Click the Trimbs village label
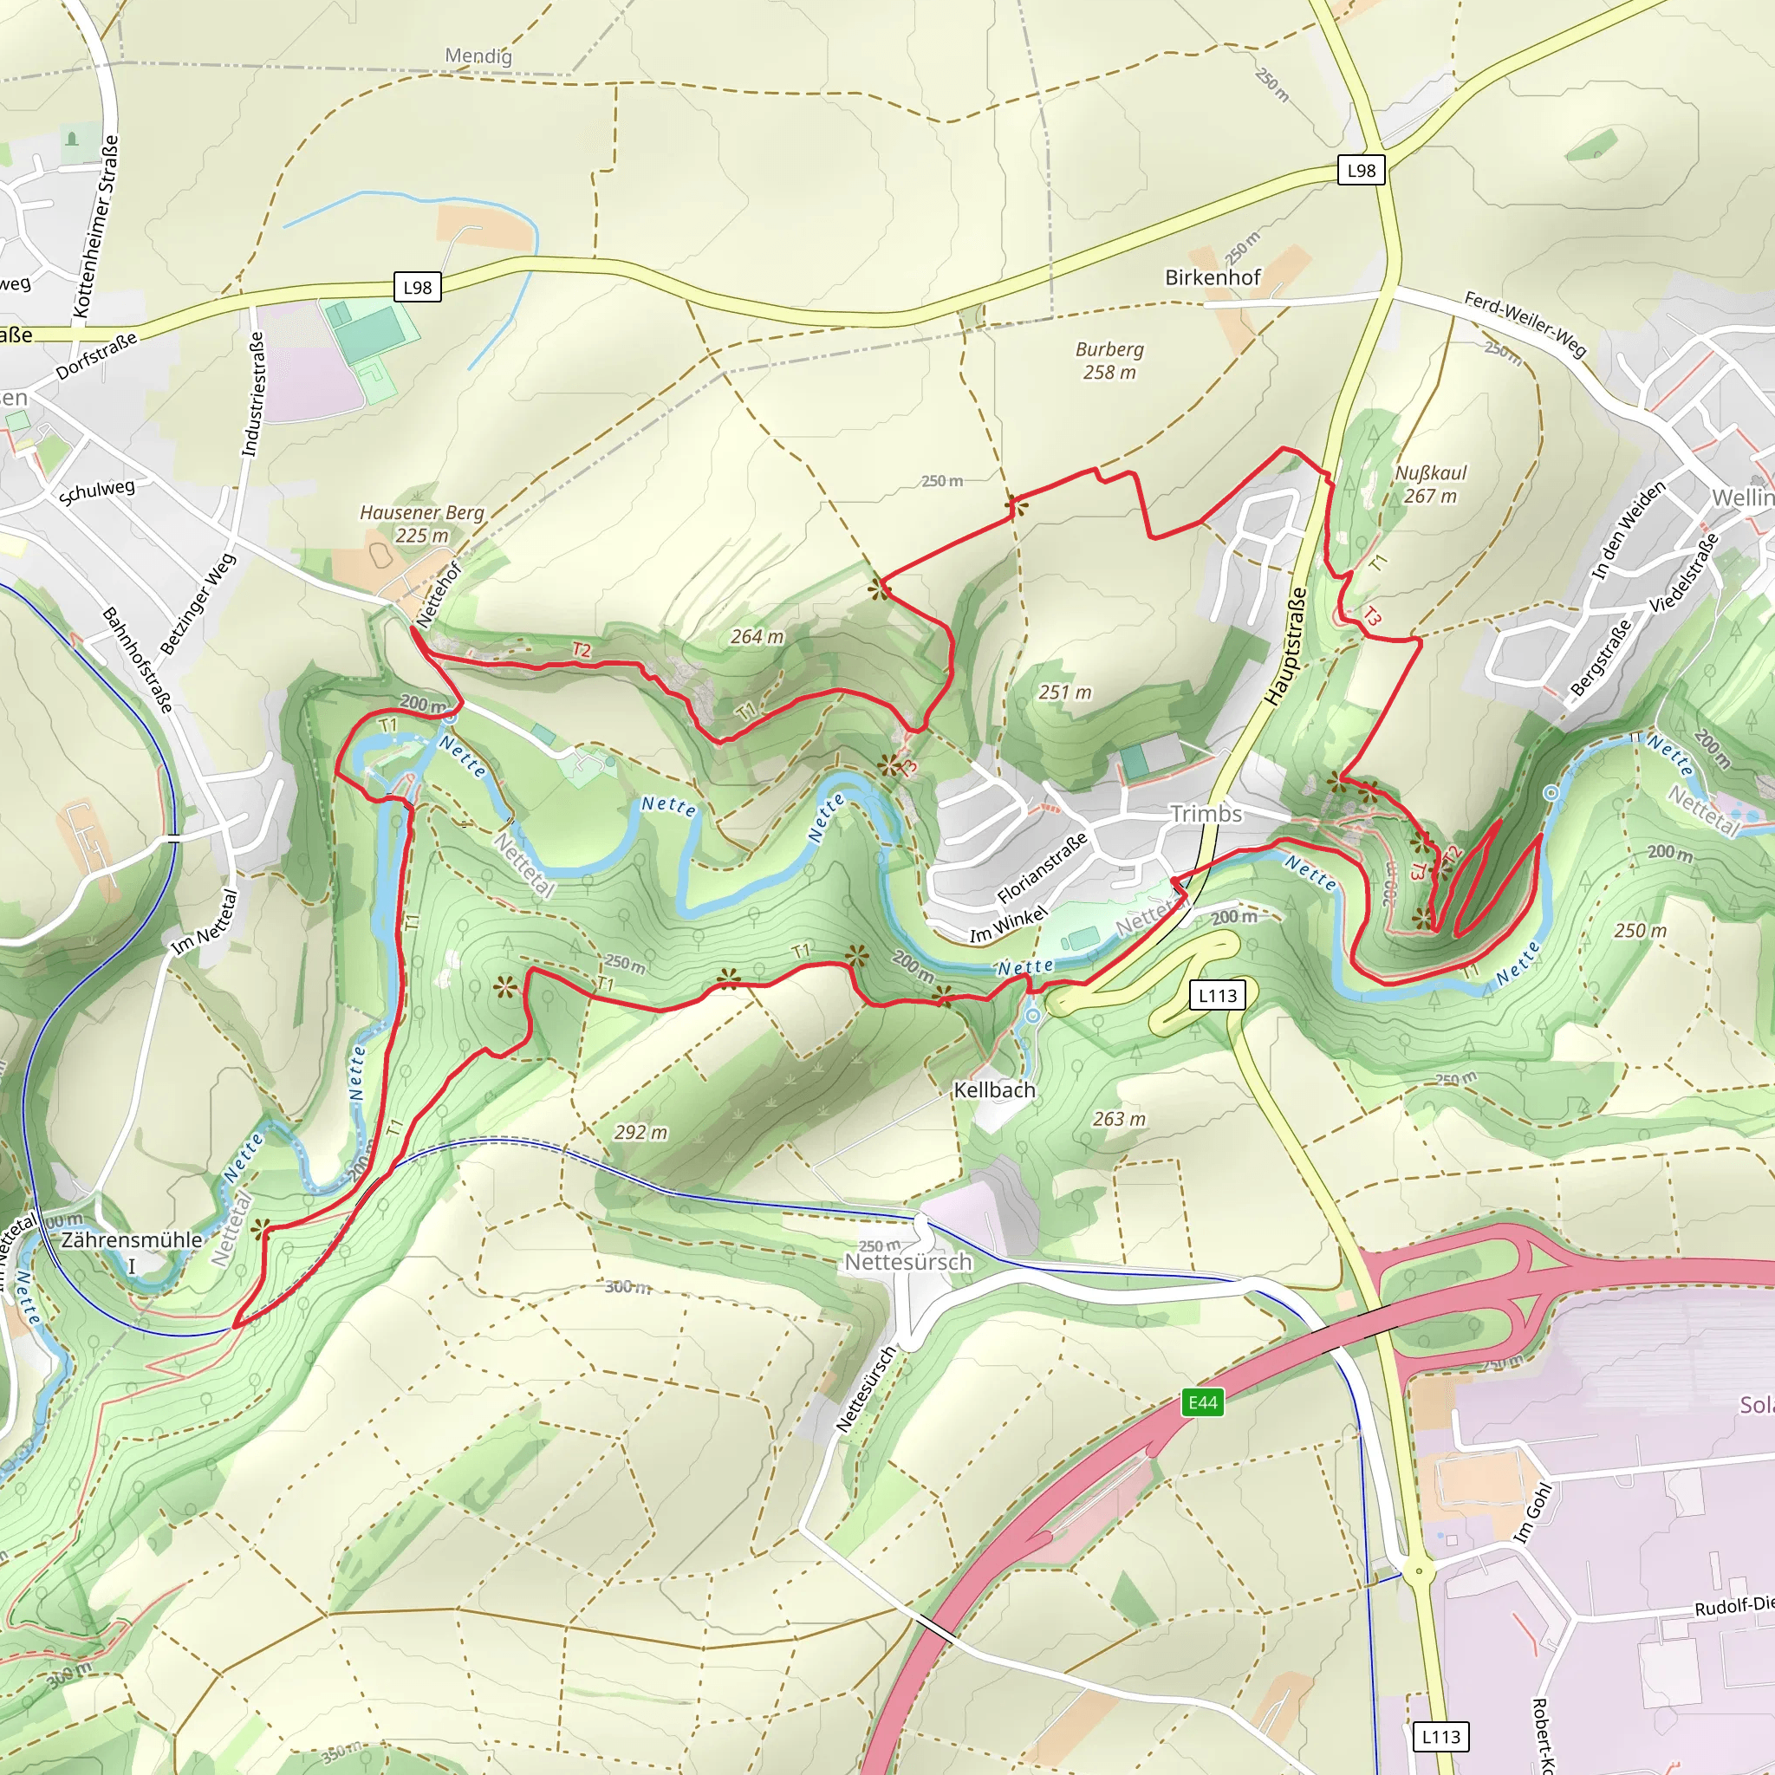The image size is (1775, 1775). [x=1206, y=814]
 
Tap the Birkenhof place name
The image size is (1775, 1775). [x=1212, y=277]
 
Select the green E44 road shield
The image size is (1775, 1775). [x=1203, y=1402]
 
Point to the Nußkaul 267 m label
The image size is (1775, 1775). [x=1430, y=484]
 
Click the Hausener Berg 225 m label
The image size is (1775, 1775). [x=422, y=523]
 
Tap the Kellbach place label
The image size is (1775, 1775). [x=994, y=1089]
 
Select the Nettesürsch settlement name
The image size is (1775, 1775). [x=907, y=1261]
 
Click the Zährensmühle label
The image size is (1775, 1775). [x=132, y=1239]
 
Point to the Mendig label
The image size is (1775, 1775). [x=478, y=56]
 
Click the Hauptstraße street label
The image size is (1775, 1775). [x=1285, y=647]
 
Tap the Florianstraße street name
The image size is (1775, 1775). [x=1042, y=868]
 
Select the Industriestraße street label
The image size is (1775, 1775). [x=253, y=393]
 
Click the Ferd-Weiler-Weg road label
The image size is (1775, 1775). [x=1525, y=324]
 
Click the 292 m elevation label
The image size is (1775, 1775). [x=640, y=1132]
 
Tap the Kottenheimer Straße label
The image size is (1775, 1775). [x=95, y=226]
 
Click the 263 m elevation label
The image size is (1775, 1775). [x=1119, y=1119]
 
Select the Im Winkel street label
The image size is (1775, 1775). [x=1008, y=925]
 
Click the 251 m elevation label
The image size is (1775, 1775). [x=1065, y=692]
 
